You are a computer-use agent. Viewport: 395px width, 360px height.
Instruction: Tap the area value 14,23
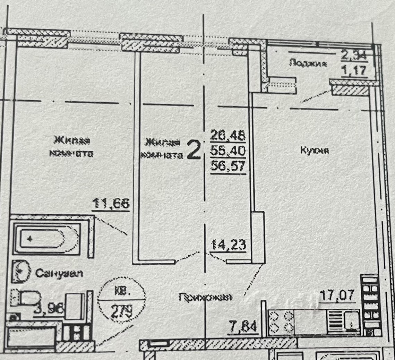[228, 245]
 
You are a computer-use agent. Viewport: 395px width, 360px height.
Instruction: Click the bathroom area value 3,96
[49, 308]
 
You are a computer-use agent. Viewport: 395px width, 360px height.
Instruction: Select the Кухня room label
[314, 151]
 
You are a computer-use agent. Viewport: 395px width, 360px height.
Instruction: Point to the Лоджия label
[308, 63]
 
